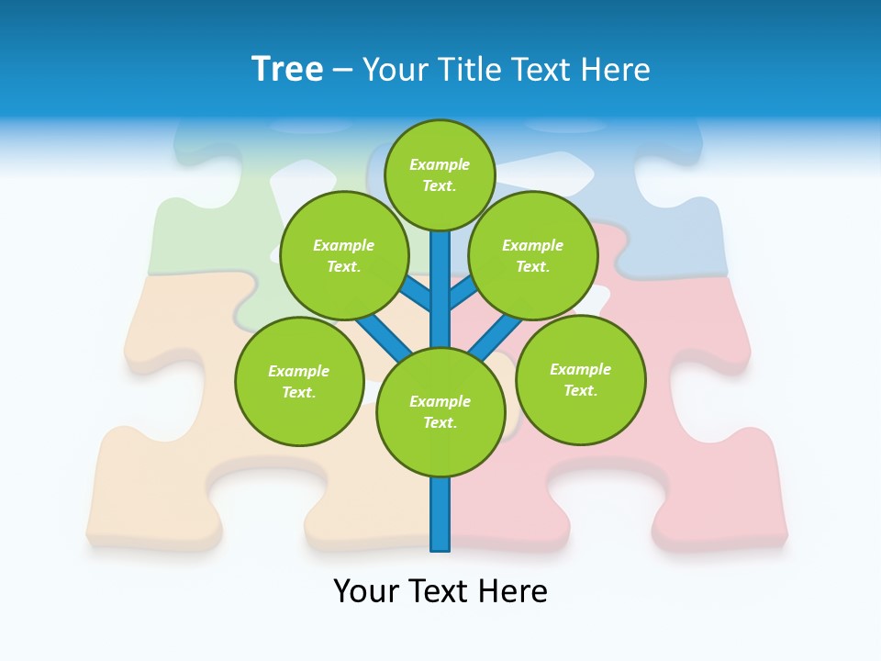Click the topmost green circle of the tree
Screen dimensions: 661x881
pos(440,174)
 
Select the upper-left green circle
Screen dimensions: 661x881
pos(343,255)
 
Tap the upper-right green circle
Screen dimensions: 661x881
pos(532,255)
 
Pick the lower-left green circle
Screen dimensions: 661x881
pos(299,381)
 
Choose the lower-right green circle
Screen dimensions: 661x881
pos(580,379)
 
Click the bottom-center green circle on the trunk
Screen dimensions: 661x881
pos(440,412)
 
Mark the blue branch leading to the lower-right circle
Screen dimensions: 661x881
pos(496,336)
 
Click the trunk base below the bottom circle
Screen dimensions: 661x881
pos(440,514)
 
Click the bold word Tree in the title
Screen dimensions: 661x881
pos(287,69)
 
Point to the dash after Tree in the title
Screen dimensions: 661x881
pos(342,70)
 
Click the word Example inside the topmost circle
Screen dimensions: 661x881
pos(440,164)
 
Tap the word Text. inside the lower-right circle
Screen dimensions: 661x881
pos(580,390)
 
